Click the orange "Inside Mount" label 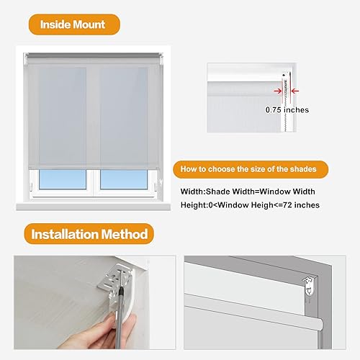pyautogui.click(x=72, y=24)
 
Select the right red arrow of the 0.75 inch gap pyautogui.click(x=294, y=91)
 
